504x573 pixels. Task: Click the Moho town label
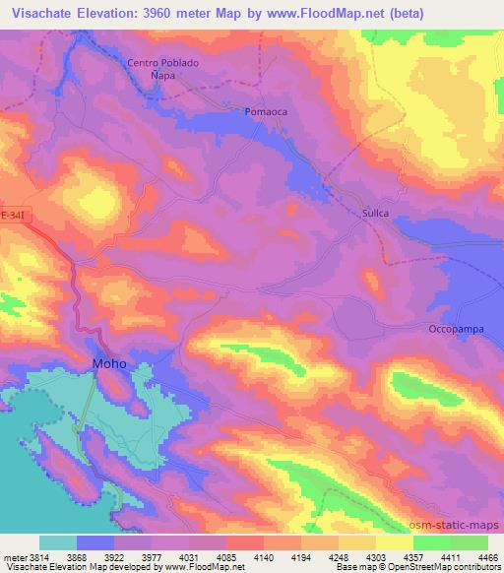109,363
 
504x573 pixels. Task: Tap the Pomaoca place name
265,112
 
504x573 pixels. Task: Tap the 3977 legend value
151,556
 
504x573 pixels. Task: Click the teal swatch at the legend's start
58,542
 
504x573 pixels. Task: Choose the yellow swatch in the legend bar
395,542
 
